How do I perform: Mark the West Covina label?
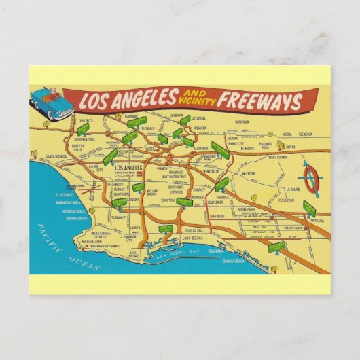(x=277, y=157)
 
